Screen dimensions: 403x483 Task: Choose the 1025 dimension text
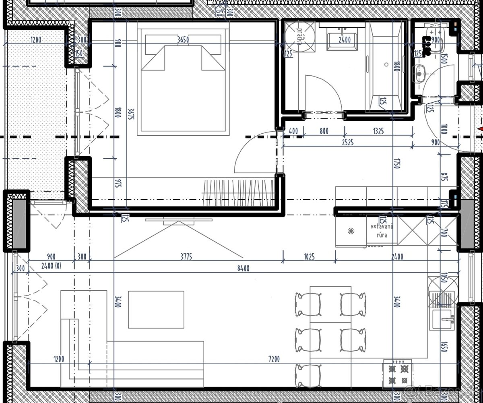pyautogui.click(x=309, y=256)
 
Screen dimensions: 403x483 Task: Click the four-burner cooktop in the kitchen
pyautogui.click(x=398, y=373)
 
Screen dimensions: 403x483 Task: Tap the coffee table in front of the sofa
pyautogui.click(x=156, y=309)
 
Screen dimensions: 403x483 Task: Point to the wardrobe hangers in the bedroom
pyautogui.click(x=239, y=192)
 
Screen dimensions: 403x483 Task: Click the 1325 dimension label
pyautogui.click(x=378, y=131)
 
